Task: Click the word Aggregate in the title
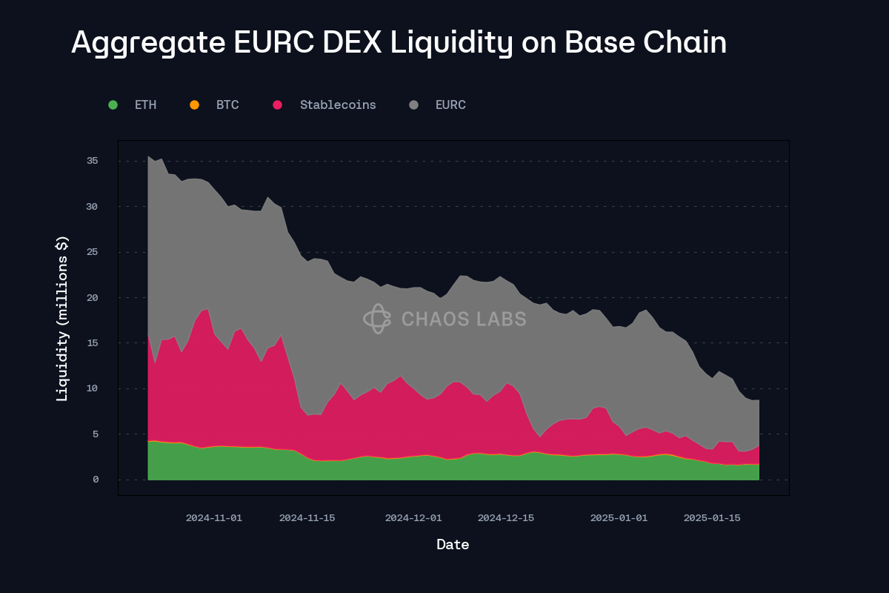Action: [x=147, y=43]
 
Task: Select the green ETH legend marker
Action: [x=113, y=105]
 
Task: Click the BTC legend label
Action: [x=227, y=105]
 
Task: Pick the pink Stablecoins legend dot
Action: [x=277, y=105]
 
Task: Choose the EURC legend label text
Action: [x=450, y=105]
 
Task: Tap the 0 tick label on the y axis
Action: [x=96, y=480]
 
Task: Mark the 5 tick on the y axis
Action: [x=96, y=434]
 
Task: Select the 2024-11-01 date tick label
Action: [x=213, y=518]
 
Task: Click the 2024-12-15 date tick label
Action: [x=506, y=518]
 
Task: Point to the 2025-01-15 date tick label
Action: [x=712, y=518]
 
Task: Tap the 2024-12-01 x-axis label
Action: [x=413, y=518]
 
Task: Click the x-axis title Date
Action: [x=453, y=545]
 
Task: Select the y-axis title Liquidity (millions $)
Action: [x=63, y=318]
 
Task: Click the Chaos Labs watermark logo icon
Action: [x=376, y=319]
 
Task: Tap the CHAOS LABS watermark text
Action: [x=464, y=319]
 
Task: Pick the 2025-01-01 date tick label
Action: [x=619, y=518]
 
